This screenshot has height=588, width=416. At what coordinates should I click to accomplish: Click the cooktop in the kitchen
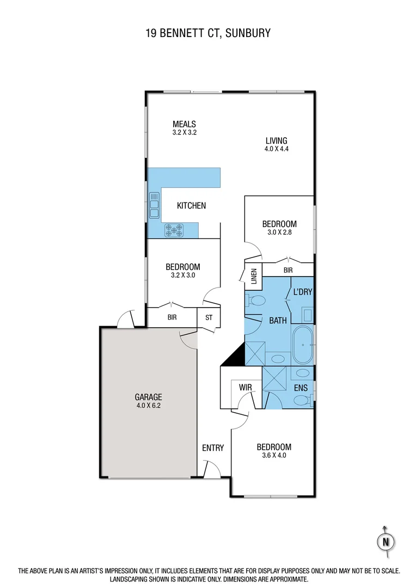[x=174, y=230]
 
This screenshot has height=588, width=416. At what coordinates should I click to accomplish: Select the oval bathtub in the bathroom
[x=302, y=345]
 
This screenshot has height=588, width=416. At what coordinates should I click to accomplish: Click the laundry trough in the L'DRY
[x=307, y=315]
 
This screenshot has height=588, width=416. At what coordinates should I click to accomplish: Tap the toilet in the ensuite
[x=301, y=401]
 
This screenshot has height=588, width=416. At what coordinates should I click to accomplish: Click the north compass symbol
[x=386, y=542]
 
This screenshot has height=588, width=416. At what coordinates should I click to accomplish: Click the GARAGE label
[x=149, y=397]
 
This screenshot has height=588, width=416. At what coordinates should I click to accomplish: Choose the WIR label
[x=244, y=388]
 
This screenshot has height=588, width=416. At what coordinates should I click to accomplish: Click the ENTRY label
[x=213, y=448]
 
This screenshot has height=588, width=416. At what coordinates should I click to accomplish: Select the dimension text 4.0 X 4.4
[x=277, y=149]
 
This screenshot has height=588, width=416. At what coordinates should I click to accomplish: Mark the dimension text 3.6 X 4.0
[x=274, y=455]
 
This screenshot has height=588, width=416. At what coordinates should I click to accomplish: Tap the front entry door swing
[x=211, y=468]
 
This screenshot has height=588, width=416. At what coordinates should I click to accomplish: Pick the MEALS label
[x=184, y=124]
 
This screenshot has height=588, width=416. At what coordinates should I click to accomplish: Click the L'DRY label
[x=303, y=292]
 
